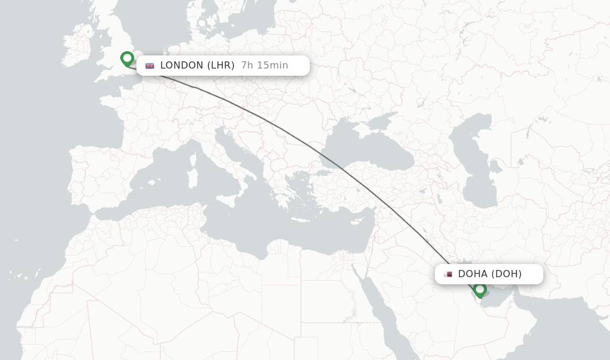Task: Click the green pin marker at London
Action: pos(127,58)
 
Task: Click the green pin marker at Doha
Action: pos(480,290)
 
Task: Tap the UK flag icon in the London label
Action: pos(150,66)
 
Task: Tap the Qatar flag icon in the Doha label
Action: pos(448,274)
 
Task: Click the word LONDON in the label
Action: pos(182,66)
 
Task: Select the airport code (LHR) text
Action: pos(221,66)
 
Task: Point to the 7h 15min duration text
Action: pos(264,66)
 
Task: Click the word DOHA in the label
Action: pos(472,274)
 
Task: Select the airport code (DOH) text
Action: pos(506,274)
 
